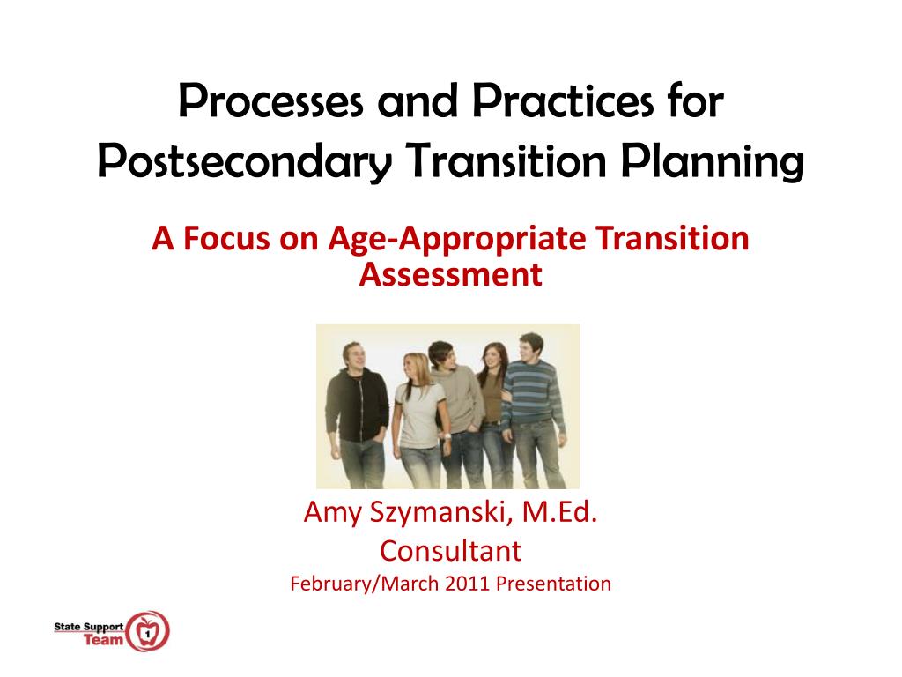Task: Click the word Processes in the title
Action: (x=271, y=100)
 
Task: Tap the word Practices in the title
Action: (x=563, y=100)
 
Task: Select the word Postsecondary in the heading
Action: (x=245, y=162)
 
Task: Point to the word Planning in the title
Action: (x=712, y=162)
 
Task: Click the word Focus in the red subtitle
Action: (x=226, y=238)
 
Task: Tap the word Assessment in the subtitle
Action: (x=450, y=274)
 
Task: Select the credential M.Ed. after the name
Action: (x=559, y=511)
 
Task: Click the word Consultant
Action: (x=450, y=551)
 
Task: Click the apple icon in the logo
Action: (x=148, y=631)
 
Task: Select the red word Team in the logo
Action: (x=104, y=640)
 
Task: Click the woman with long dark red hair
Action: (x=493, y=410)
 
